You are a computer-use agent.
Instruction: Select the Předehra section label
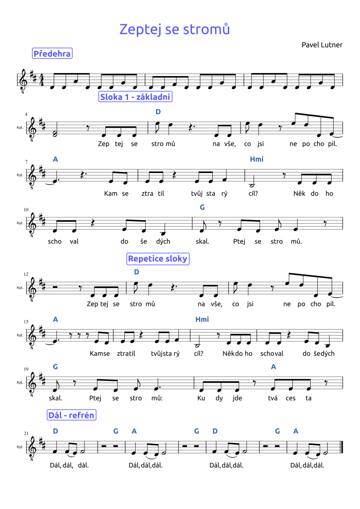click(x=52, y=54)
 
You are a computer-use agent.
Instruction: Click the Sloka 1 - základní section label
click(x=135, y=97)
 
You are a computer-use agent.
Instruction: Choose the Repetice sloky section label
click(x=158, y=259)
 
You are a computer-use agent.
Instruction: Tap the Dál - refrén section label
click(x=72, y=415)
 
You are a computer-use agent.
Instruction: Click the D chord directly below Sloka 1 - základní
click(x=158, y=112)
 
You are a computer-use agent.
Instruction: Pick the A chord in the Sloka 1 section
click(x=55, y=160)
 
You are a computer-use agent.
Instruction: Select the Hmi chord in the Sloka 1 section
click(x=257, y=160)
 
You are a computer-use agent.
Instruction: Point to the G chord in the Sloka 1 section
click(x=202, y=207)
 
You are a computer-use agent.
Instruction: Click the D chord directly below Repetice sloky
click(x=137, y=272)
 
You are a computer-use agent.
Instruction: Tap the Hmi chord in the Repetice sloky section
click(x=202, y=320)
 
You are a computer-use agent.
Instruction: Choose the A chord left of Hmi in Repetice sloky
click(x=55, y=320)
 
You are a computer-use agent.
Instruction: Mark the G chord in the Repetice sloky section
click(x=55, y=367)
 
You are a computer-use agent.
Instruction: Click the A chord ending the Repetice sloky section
click(x=273, y=367)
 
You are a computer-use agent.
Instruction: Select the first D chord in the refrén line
click(x=55, y=431)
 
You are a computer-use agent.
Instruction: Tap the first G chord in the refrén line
click(x=116, y=431)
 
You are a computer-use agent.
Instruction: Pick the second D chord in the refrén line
click(x=215, y=431)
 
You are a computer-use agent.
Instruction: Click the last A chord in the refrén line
click(x=296, y=431)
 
